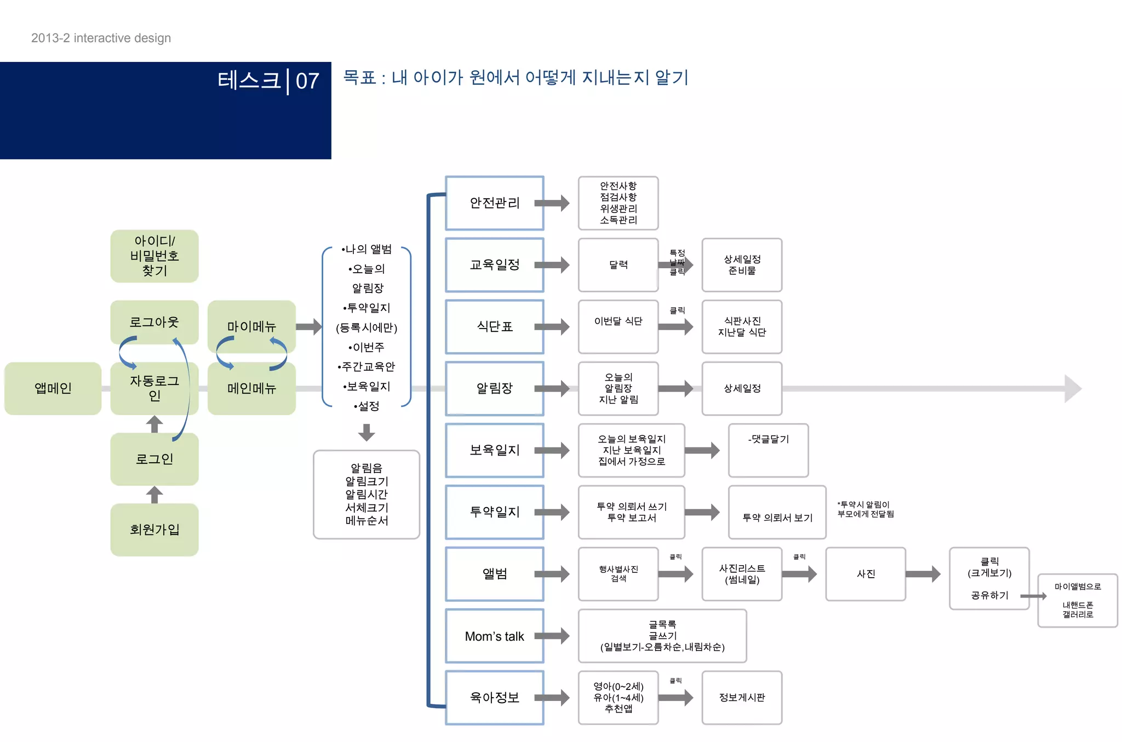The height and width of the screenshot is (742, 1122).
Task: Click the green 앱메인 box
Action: point(53,388)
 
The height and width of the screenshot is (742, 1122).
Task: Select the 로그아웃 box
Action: point(154,322)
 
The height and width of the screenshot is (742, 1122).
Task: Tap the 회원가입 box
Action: point(154,530)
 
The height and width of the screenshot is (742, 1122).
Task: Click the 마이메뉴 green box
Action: point(251,326)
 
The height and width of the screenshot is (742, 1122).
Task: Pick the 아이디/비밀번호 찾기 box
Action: point(154,256)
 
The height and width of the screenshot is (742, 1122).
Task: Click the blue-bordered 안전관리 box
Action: point(494,203)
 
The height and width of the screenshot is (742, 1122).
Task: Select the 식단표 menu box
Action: point(494,326)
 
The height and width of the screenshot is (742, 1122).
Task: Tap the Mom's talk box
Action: point(494,636)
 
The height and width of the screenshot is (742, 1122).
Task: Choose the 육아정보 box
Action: point(494,698)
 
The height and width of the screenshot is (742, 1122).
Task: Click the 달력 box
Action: point(618,265)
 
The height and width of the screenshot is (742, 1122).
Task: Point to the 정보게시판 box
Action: point(742,698)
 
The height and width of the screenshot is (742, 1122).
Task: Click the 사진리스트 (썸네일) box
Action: point(742,574)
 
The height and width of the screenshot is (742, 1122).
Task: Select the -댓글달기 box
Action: point(768,450)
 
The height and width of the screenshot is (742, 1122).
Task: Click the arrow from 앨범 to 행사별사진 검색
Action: point(552,574)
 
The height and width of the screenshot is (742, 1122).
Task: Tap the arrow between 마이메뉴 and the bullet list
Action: point(308,327)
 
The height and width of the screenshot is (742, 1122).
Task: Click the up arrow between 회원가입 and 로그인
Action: point(154,494)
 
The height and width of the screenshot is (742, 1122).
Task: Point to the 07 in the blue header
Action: point(307,81)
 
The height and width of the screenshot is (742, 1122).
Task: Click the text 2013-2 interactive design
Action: point(101,38)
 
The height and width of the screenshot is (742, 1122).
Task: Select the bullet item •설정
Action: point(367,406)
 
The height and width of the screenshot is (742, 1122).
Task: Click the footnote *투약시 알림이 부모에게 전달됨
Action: point(865,509)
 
